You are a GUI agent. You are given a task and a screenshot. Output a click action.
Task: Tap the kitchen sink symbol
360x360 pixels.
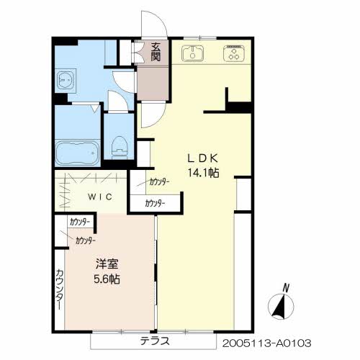193,53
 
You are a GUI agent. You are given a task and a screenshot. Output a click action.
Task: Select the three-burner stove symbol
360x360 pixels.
234,54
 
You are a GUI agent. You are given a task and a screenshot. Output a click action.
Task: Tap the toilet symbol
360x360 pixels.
120,144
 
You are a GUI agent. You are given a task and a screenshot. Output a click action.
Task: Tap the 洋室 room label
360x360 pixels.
101,264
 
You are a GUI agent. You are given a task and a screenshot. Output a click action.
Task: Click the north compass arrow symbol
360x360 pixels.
279,307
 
